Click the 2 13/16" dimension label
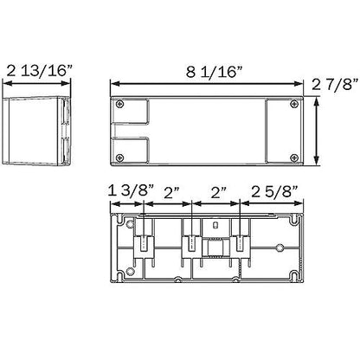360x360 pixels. tap(39, 71)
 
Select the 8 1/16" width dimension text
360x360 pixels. tap(214, 72)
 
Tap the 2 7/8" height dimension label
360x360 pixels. tap(335, 84)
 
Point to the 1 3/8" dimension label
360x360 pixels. tap(132, 191)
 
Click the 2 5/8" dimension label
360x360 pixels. tap(274, 191)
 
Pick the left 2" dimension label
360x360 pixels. tap(171, 193)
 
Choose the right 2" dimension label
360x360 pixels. tap(218, 193)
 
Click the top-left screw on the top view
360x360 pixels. tap(119, 104)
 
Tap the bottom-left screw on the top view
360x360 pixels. tap(119, 157)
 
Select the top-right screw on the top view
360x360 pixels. tap(294, 104)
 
